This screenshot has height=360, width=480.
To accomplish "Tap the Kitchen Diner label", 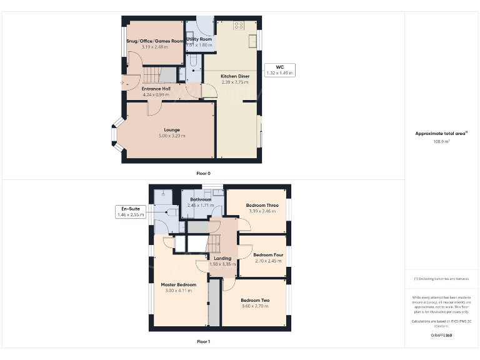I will (235, 76).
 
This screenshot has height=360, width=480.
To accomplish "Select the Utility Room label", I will (199, 39).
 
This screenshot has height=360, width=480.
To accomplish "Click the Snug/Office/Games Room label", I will (155, 41).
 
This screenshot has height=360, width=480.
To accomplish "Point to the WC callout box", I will (279, 69).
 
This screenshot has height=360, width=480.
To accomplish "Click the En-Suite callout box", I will (130, 211).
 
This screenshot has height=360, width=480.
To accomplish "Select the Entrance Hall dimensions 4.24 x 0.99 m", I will (156, 94).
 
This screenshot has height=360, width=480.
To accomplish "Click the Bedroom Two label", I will (254, 301).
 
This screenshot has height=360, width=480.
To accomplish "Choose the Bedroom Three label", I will (262, 205).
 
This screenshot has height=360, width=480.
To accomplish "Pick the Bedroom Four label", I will (268, 255).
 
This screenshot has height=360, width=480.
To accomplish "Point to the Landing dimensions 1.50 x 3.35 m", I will (222, 264).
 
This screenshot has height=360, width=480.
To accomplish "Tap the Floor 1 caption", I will (204, 342).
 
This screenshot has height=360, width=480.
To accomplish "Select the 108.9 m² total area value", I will (442, 141).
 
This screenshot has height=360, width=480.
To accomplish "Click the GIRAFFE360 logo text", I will (442, 336).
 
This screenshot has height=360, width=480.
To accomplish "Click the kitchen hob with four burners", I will (238, 26).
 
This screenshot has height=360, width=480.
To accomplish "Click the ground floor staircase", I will (154, 76).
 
